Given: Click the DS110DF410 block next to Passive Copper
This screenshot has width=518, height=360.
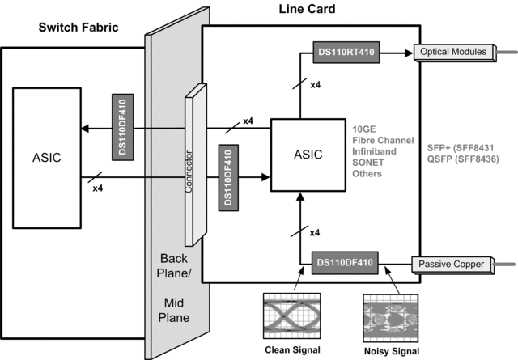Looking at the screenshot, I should (346, 263).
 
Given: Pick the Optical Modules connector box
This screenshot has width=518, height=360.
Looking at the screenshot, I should (454, 53).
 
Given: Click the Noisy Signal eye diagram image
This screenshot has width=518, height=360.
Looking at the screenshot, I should (392, 316).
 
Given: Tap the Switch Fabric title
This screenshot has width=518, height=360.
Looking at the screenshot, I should (79, 28).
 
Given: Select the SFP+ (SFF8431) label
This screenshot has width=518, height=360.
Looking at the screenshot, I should (464, 148).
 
